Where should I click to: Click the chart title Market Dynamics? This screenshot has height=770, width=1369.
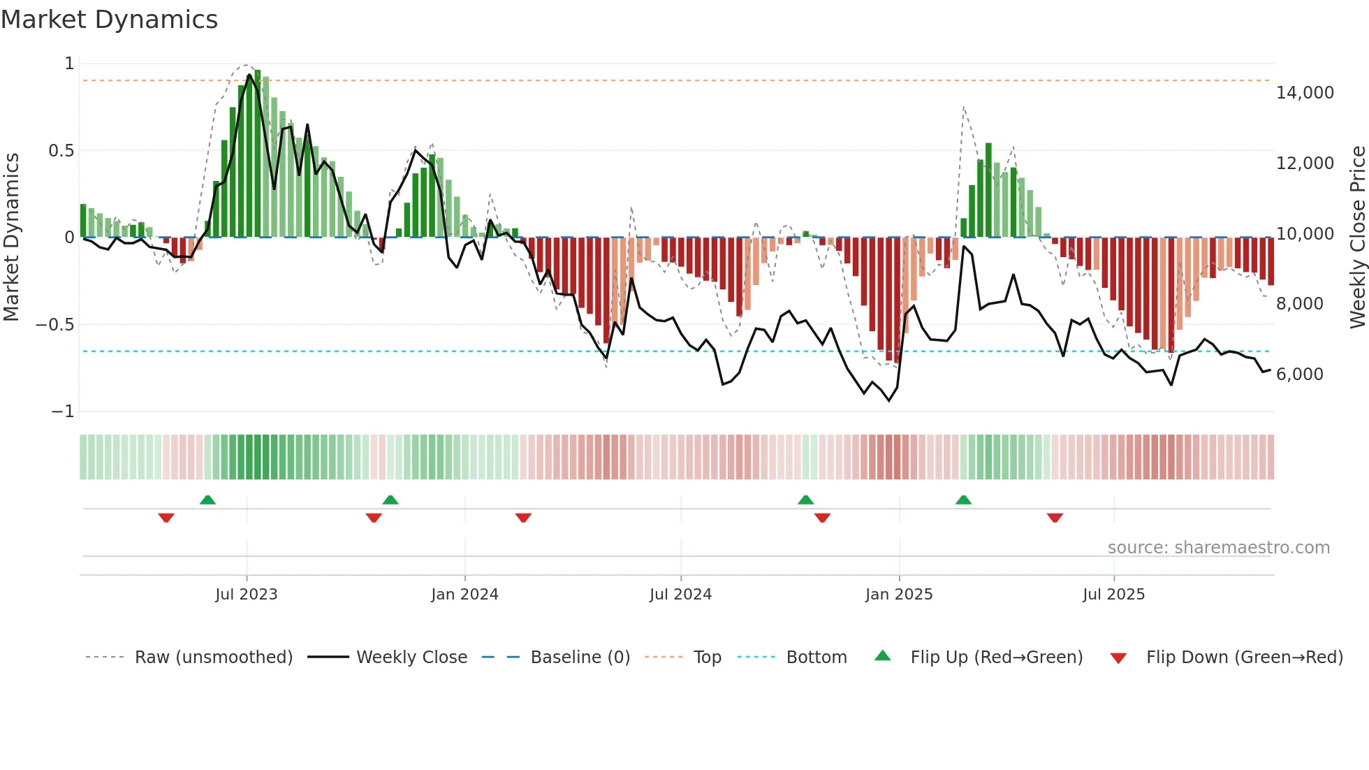pyautogui.click(x=109, y=20)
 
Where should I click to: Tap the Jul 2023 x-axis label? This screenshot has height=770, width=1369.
pyautogui.click(x=246, y=595)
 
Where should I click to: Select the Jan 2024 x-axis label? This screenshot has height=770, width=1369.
pyautogui.click(x=464, y=595)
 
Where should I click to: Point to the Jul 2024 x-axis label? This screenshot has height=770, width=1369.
pyautogui.click(x=680, y=595)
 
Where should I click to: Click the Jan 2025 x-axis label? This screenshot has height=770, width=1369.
pyautogui.click(x=899, y=595)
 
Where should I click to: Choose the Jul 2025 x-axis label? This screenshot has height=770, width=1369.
pyautogui.click(x=1113, y=595)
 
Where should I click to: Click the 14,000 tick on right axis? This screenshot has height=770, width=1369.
pyautogui.click(x=1305, y=93)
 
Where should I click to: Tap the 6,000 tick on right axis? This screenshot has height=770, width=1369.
pyautogui.click(x=1299, y=375)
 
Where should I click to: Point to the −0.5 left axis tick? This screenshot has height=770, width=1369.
pyautogui.click(x=55, y=325)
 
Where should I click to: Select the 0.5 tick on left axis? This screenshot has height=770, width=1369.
pyautogui.click(x=61, y=151)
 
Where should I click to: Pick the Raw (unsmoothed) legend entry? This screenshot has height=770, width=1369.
pyautogui.click(x=213, y=658)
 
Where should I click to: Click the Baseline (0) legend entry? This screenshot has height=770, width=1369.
pyautogui.click(x=580, y=658)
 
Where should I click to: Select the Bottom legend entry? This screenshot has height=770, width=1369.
pyautogui.click(x=816, y=658)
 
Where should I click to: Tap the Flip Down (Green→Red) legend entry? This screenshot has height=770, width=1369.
pyautogui.click(x=1244, y=658)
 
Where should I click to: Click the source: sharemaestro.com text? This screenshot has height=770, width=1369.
pyautogui.click(x=1218, y=548)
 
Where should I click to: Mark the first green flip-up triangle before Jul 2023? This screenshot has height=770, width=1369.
pyautogui.click(x=207, y=500)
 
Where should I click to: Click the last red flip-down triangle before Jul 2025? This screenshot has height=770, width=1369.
pyautogui.click(x=1055, y=518)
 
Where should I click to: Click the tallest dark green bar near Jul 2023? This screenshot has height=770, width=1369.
pyautogui.click(x=258, y=154)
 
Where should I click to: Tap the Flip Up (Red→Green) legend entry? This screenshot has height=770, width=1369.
pyautogui.click(x=996, y=658)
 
